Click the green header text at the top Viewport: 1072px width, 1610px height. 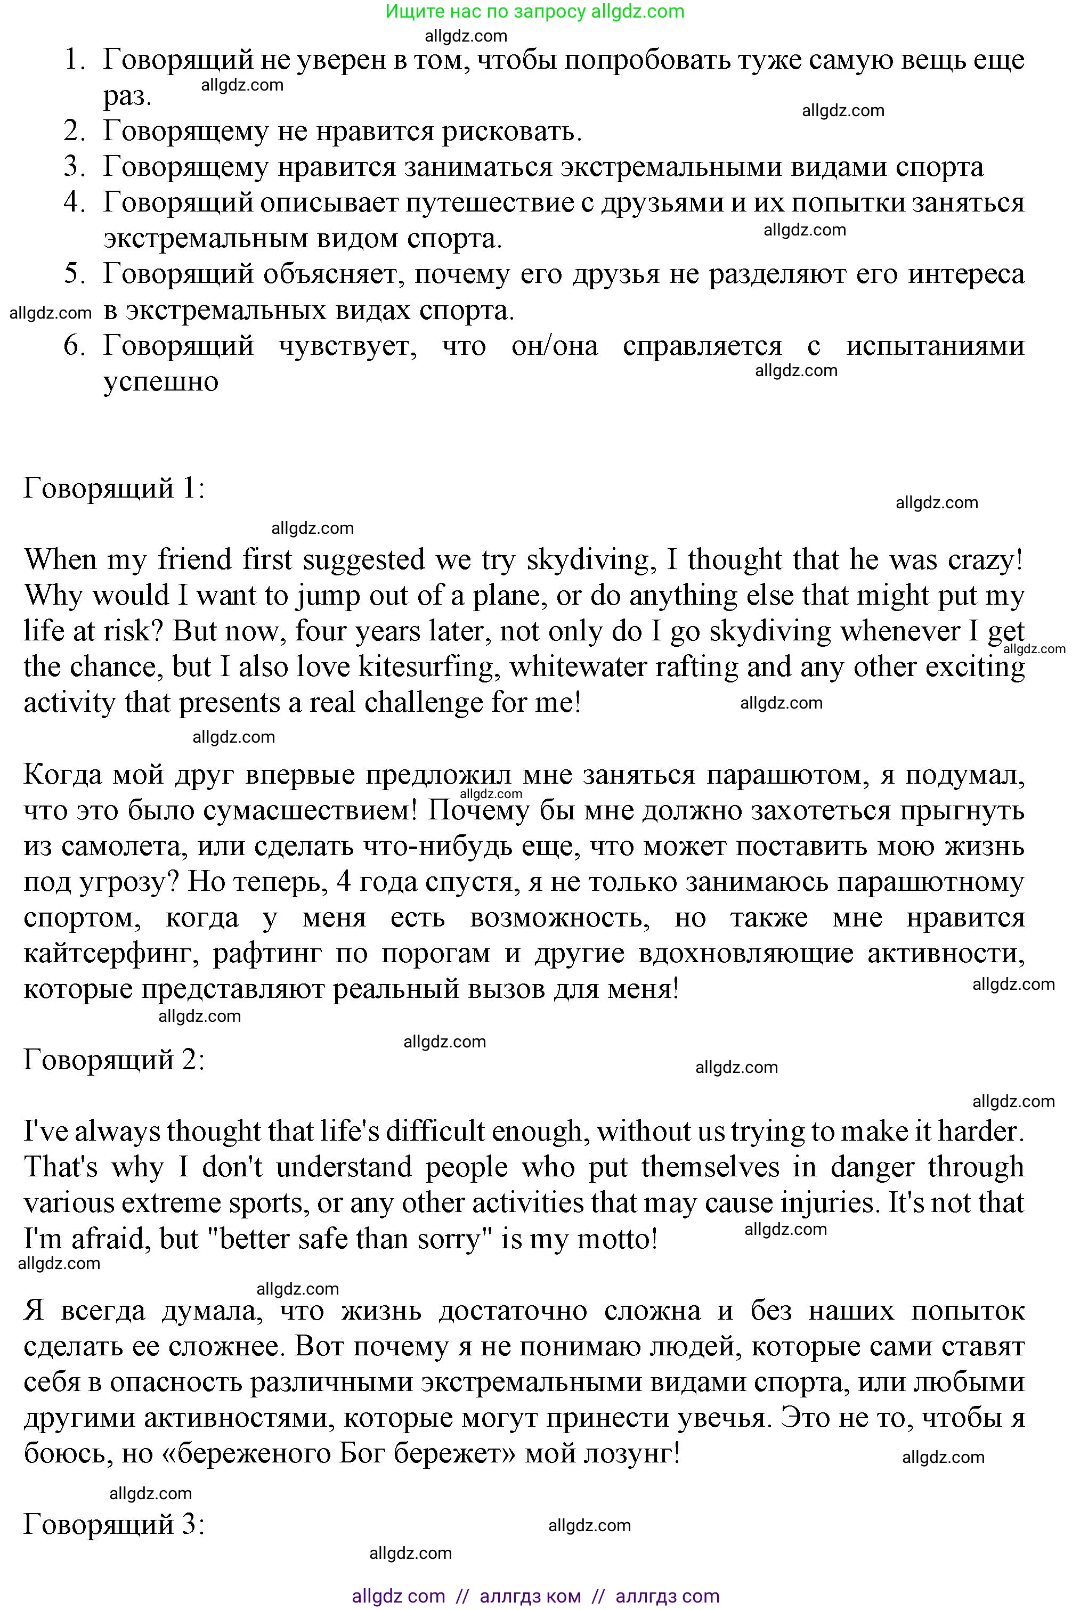534,11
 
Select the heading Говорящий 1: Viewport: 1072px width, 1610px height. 114,488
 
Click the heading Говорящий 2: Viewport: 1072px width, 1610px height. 114,1060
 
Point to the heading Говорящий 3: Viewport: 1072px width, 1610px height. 114,1524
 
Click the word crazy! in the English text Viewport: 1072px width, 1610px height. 985,560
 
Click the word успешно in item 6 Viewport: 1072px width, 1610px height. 161,381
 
